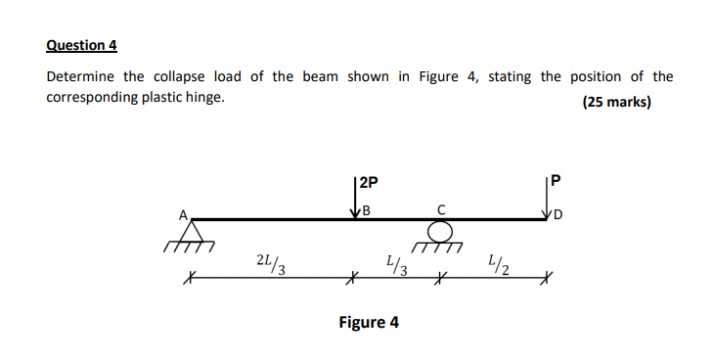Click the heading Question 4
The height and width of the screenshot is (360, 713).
81,45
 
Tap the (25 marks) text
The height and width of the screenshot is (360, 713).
616,102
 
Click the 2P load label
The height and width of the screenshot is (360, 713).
369,182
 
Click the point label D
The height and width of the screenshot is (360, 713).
557,214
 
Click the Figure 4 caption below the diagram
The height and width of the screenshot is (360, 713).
369,322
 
